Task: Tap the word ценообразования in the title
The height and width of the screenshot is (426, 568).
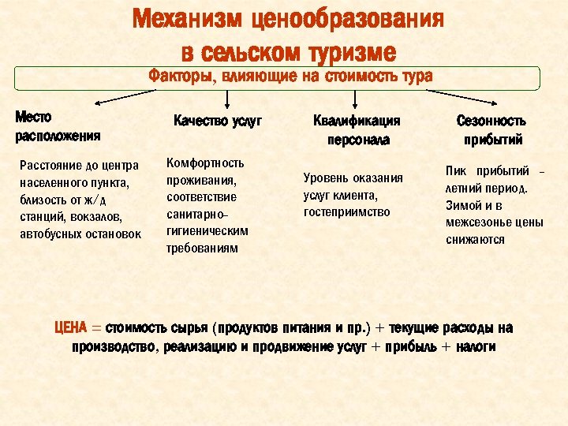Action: tap(349, 19)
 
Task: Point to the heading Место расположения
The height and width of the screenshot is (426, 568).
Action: tap(58, 126)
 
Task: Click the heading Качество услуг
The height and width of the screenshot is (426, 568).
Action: tap(217, 121)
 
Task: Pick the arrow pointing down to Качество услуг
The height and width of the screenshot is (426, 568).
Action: tap(227, 98)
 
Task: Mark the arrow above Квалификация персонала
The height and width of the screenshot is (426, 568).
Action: tap(355, 98)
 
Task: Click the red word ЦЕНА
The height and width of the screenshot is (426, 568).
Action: tap(76, 328)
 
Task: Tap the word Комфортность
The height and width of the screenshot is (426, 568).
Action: tap(205, 163)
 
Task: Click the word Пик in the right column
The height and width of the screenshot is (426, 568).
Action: tap(456, 171)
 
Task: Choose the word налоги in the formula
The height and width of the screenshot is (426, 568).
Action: tap(475, 348)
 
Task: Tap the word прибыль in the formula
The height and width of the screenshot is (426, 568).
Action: tap(413, 348)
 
